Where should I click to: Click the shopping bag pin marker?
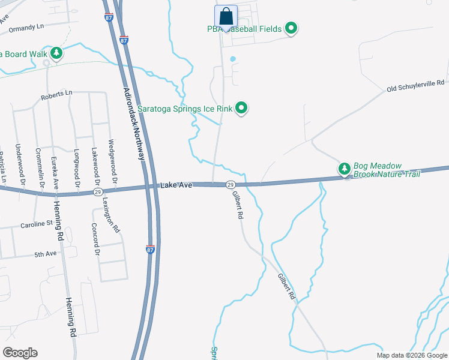[226, 16]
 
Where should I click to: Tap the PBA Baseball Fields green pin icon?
[291, 28]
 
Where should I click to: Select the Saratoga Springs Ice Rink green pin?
[241, 109]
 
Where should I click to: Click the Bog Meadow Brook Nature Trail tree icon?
[345, 169]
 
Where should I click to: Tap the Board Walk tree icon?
[56, 53]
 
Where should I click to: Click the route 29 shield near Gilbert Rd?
[230, 185]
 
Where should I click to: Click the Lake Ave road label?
[176, 185]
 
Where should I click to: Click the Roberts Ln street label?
[56, 94]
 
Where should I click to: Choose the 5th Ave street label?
[45, 254]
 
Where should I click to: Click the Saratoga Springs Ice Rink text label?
[185, 109]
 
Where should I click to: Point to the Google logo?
[20, 353]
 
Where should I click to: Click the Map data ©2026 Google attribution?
[412, 355]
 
